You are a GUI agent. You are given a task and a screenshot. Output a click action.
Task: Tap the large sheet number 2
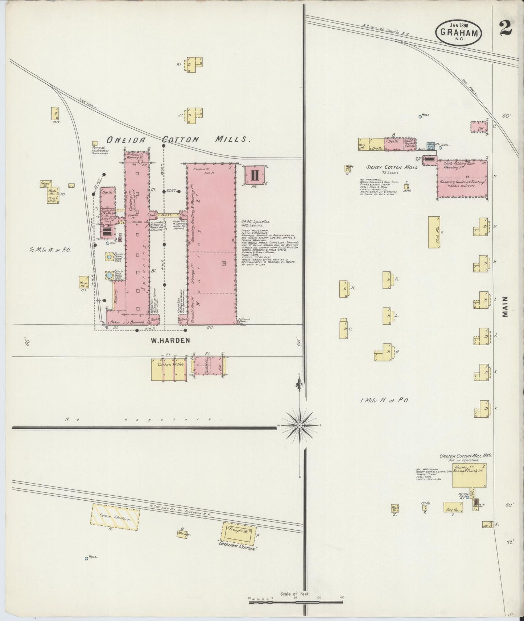pos(505,28)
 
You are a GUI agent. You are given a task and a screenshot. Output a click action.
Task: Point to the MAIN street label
pos(505,307)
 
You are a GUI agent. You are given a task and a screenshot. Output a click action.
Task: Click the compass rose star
pos(300,424)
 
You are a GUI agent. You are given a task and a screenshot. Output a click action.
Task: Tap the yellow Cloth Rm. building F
pos(434,232)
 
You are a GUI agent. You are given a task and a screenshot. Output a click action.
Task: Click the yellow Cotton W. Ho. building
pos(169,369)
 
